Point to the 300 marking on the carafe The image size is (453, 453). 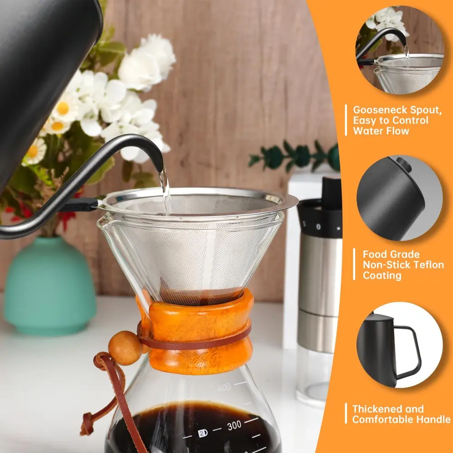click(234, 425)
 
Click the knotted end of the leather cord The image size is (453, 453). click(86, 424)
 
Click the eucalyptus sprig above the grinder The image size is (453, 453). click(294, 156)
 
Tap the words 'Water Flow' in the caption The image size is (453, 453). click(381, 131)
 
